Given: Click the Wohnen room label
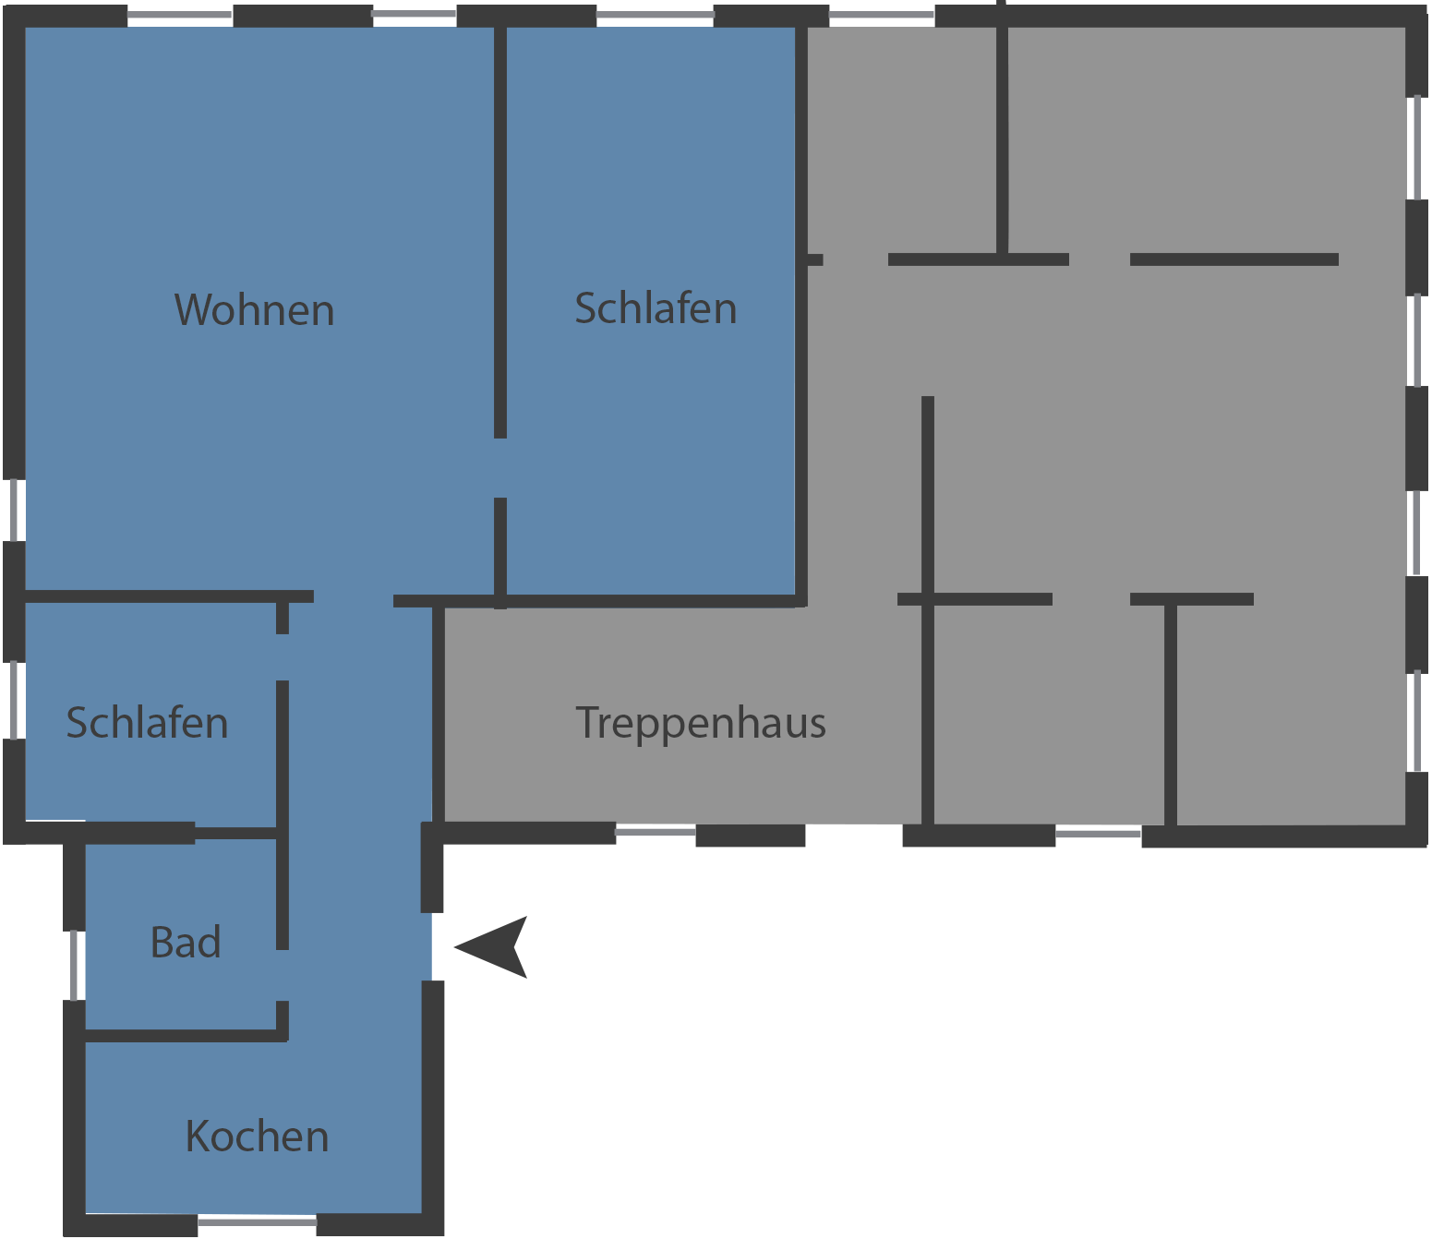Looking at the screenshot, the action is (254, 310).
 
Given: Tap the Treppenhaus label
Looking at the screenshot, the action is (701, 724).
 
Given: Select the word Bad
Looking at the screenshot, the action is (186, 943).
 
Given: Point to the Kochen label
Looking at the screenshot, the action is (257, 1137).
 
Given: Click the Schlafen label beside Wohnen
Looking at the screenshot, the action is (656, 307).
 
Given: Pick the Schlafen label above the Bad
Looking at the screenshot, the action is (147, 723).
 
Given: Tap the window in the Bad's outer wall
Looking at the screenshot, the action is (74, 966).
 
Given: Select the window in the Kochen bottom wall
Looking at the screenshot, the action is (257, 1221).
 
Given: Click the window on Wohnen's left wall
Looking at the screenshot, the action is (14, 510).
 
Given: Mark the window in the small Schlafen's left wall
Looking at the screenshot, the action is (14, 700).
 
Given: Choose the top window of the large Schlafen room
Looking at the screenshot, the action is (655, 15).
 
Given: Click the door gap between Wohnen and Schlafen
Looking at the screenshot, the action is (500, 468).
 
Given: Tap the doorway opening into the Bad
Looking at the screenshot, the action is (283, 975).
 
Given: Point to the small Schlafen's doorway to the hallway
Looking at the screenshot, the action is (283, 657).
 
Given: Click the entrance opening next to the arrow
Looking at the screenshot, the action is (432, 946).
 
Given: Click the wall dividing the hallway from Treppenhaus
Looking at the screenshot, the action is (439, 714).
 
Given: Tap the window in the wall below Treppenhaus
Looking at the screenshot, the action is (656, 832).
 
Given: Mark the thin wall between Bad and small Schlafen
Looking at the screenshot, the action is (236, 833).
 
